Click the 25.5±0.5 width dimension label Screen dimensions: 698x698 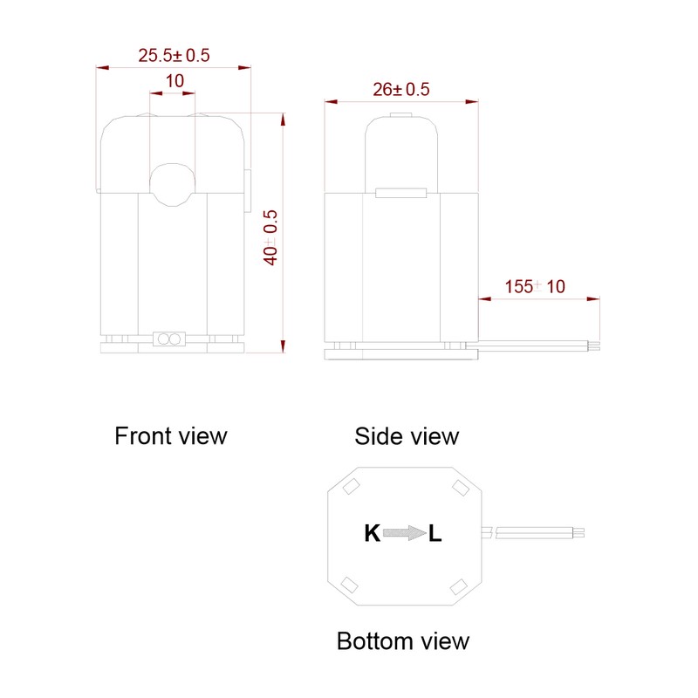point(174,55)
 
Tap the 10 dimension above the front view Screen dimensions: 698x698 point(174,81)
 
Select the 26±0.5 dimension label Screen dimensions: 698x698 point(401,90)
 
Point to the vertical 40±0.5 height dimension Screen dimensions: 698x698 point(270,237)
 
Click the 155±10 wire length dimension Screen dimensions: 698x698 point(535,287)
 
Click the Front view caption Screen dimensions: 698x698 point(171,435)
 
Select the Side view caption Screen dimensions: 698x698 point(407,436)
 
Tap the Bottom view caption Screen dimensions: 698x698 point(403,641)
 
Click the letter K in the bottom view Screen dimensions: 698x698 point(373,533)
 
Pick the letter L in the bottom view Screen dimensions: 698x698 point(435,533)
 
